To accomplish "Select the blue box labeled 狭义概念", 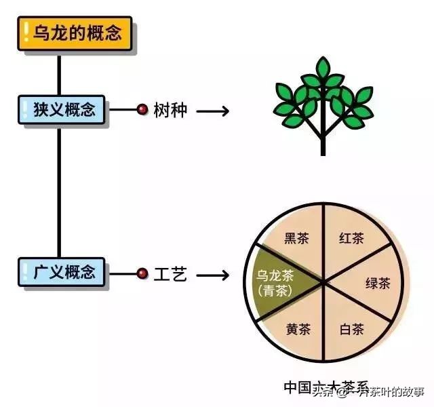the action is (60, 110).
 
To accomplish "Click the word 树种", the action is (170, 110).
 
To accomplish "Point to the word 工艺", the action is (170, 275).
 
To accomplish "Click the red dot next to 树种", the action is (142, 110).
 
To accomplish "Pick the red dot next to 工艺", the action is (142, 274).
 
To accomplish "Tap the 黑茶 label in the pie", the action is (296, 238).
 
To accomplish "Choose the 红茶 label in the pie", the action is (351, 238).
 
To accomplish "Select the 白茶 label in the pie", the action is (351, 330).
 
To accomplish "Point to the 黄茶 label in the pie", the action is (297, 330).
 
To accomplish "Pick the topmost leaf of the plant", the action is (323, 68).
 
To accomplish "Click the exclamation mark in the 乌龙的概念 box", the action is (26, 33).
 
